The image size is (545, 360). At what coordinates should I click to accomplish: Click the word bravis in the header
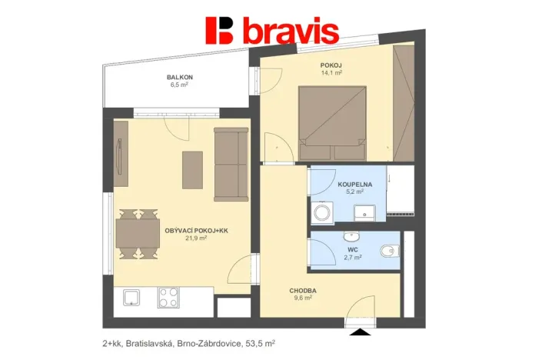291,32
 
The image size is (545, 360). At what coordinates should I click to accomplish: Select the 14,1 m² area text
331,73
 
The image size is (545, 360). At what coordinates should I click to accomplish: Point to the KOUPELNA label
355,185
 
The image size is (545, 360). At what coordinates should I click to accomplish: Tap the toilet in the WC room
390,250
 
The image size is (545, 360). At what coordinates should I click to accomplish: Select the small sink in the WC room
354,236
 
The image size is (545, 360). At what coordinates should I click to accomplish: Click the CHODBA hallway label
304,291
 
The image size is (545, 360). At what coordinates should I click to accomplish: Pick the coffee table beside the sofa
192,169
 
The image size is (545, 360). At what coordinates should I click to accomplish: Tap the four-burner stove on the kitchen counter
168,296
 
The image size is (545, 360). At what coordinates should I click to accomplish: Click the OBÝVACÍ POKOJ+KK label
191,229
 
